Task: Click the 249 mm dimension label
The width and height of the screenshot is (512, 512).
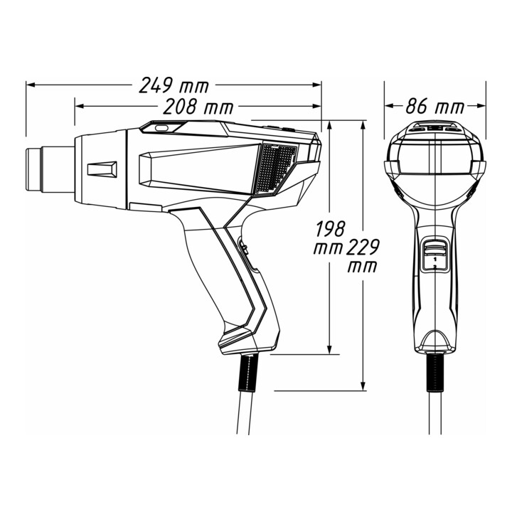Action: pos(174,85)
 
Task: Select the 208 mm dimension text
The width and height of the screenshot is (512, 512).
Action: pos(198,107)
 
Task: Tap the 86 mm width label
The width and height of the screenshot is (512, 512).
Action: pos(434,106)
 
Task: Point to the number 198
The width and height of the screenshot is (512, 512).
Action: pos(331,228)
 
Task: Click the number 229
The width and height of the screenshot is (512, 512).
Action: pos(363,247)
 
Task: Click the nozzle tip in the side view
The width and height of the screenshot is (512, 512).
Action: pos(33,169)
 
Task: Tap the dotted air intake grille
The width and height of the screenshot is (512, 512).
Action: pos(276,168)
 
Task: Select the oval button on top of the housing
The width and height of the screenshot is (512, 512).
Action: pos(161,128)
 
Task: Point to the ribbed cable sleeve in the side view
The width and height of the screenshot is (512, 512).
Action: pos(247,372)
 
